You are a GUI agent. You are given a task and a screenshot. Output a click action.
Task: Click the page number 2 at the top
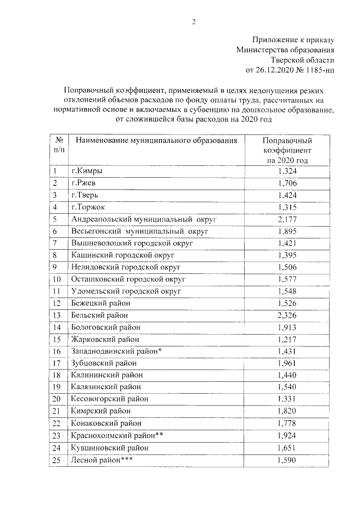point(193,22)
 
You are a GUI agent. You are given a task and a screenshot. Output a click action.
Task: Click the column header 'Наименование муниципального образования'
point(153,140)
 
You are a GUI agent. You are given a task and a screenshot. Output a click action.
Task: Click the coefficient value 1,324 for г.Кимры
point(287,171)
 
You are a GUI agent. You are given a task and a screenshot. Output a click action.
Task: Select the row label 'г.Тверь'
point(84,195)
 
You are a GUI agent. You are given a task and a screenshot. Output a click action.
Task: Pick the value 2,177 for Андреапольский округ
point(287,219)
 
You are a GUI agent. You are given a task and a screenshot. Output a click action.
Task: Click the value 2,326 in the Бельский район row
point(287,315)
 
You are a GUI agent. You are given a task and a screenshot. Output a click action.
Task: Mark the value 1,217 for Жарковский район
point(287,339)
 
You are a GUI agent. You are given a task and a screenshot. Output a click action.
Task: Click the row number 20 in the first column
point(57,399)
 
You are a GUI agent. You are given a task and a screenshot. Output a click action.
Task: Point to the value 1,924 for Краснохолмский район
point(287,435)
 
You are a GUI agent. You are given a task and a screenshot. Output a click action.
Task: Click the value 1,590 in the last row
point(287,460)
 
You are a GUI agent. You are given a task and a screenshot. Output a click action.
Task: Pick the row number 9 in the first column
point(56,267)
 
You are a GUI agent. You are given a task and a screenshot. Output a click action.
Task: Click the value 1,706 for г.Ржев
point(287,183)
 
